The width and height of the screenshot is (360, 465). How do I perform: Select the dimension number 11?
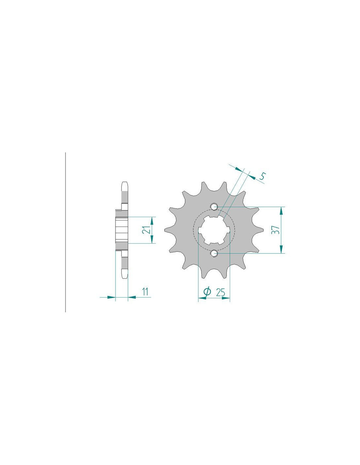[146, 292]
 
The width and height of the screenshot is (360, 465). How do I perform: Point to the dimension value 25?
[220, 292]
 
